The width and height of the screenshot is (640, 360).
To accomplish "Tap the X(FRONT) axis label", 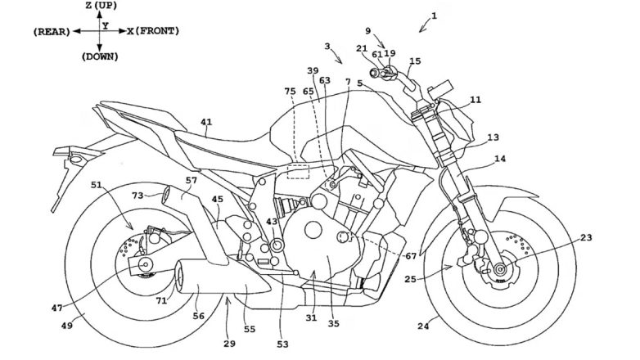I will tap(152, 31).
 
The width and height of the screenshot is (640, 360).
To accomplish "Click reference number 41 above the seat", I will tap(206, 124).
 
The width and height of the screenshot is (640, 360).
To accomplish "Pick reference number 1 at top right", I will tap(435, 16).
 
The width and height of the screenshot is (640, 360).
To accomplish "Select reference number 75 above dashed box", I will tap(290, 92).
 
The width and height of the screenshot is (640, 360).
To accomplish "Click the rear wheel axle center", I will tap(145, 264).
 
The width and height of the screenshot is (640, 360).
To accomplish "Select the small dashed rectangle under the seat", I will tap(297, 171).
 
